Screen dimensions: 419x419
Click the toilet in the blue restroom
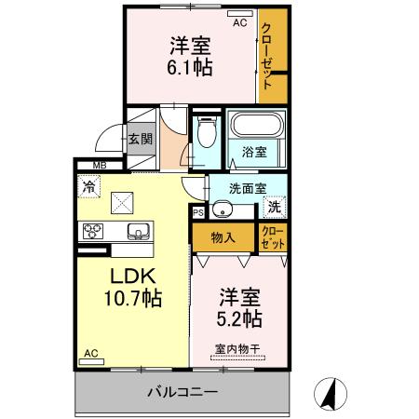207,131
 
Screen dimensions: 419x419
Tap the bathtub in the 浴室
257,125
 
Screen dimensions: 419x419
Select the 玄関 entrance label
141,139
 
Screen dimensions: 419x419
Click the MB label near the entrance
100,166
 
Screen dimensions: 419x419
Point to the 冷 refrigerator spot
88,186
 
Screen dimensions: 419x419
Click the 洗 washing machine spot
275,207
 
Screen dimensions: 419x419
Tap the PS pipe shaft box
198,212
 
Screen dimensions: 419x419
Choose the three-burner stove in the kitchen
93,231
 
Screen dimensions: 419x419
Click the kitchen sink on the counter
139,232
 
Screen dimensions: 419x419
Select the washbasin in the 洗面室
223,209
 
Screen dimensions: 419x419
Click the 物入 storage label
223,238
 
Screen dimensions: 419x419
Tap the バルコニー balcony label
182,392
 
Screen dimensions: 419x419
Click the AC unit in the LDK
91,361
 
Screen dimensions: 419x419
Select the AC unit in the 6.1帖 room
240,14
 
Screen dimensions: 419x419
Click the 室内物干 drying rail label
237,349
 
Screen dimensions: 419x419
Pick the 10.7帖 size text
133,298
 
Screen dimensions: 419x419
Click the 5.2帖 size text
239,318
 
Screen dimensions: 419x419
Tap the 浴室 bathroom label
254,152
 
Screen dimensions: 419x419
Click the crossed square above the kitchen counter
122,203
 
